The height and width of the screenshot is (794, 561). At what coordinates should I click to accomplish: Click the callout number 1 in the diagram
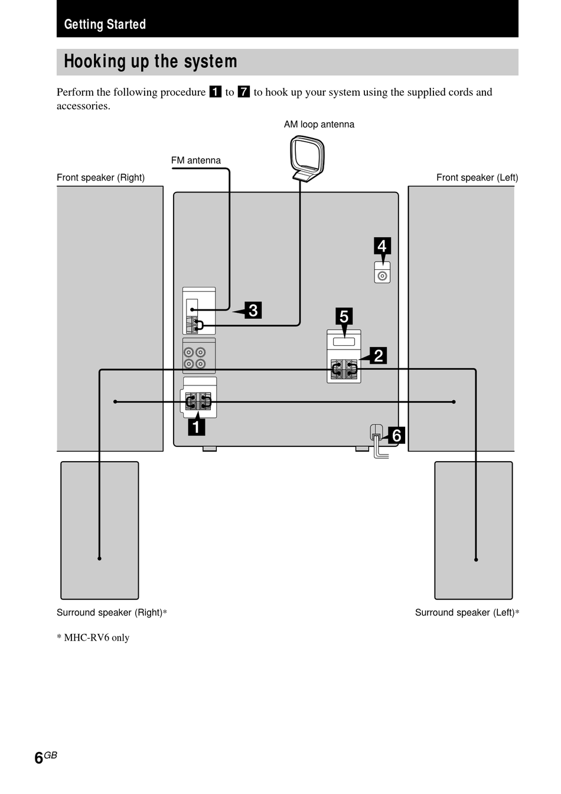point(197,427)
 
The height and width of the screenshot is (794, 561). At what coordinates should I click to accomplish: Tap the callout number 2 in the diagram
point(378,355)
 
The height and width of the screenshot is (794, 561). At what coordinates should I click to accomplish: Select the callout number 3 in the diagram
point(253,310)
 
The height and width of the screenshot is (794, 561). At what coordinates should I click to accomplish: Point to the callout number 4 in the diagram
point(382,246)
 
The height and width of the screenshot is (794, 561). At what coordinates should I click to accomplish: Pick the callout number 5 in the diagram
point(344,316)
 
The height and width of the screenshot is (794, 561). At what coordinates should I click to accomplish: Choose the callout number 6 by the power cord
point(396,435)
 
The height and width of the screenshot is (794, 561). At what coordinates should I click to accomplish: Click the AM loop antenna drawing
point(307,158)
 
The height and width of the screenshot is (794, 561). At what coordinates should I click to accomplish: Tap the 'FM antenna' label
point(195,161)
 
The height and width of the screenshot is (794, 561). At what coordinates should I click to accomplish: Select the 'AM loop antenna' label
point(319,125)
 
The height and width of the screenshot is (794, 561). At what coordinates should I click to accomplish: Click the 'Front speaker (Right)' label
point(101,178)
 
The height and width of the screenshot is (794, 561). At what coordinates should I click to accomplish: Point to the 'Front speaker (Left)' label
point(477,178)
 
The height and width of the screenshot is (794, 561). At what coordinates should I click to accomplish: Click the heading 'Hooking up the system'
point(151,61)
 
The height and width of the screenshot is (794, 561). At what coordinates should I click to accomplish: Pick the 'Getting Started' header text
point(105,24)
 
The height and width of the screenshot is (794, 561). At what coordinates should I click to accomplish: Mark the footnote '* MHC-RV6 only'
point(93,638)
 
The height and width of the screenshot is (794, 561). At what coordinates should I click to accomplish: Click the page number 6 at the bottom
point(38,758)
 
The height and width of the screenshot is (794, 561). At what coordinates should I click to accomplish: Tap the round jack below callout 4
point(382,276)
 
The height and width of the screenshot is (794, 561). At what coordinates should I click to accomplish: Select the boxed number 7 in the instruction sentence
point(244,92)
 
